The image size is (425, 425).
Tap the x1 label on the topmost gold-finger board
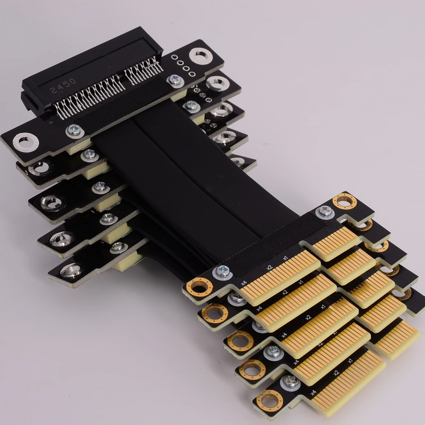[286, 258]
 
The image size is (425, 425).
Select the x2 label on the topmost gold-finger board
[269, 267]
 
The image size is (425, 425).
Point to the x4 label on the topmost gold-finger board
[244, 282]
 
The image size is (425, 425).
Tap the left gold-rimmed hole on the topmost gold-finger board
[200, 287]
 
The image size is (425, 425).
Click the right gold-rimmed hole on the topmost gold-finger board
[344, 201]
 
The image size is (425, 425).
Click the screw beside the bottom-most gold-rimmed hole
[291, 381]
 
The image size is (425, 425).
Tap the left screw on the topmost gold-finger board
[222, 271]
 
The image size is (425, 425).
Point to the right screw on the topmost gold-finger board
[325, 211]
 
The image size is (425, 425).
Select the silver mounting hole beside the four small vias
[200, 56]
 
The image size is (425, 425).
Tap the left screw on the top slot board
[74, 130]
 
